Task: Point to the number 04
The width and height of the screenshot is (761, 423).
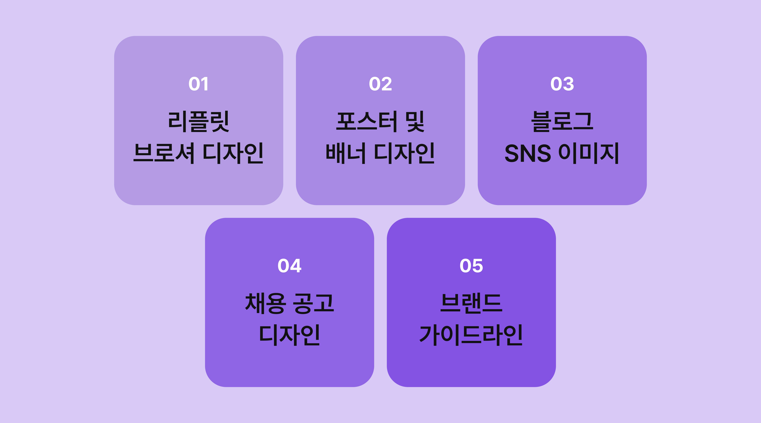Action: (289, 266)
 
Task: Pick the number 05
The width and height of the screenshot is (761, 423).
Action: (471, 266)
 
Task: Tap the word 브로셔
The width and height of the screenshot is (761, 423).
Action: (164, 153)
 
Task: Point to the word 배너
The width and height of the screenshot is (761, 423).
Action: (346, 153)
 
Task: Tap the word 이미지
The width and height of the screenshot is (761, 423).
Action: (589, 153)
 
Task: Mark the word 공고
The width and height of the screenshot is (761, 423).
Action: (313, 303)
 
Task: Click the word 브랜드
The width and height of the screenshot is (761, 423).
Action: (471, 303)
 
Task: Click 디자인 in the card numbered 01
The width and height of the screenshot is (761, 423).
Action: (233, 153)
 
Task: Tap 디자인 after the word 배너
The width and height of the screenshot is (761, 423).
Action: (404, 153)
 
